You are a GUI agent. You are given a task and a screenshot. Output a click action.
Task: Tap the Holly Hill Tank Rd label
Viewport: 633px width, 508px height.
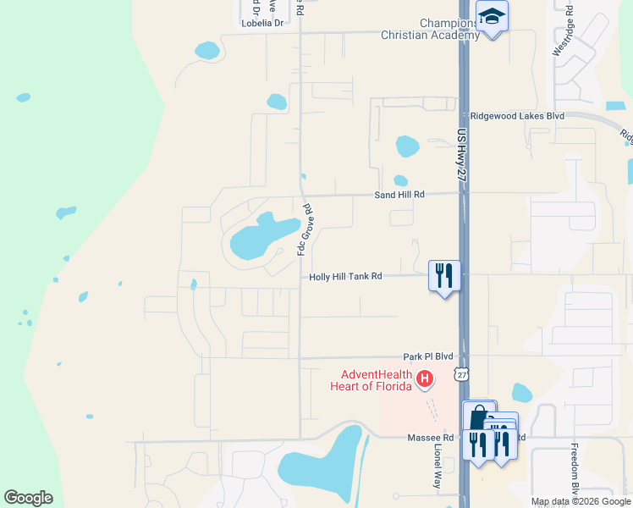click(345, 276)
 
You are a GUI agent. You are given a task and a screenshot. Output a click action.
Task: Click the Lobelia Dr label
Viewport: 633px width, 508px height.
click(262, 23)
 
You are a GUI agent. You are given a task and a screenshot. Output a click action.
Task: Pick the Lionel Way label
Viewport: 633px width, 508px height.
click(438, 469)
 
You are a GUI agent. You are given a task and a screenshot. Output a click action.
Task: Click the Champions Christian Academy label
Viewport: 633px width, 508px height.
click(430, 29)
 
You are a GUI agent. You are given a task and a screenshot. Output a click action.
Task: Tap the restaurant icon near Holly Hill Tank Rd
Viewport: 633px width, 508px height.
click(444, 274)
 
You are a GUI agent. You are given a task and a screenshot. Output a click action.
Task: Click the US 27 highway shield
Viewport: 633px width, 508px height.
click(460, 373)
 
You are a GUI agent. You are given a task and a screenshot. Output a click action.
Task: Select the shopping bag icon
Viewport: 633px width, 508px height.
click(478, 417)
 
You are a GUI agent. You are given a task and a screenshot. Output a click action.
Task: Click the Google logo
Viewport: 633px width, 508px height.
click(28, 498)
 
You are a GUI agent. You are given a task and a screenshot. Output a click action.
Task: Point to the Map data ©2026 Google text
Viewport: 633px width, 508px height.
click(580, 501)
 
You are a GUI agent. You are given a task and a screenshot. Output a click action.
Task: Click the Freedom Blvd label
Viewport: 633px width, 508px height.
click(575, 474)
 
